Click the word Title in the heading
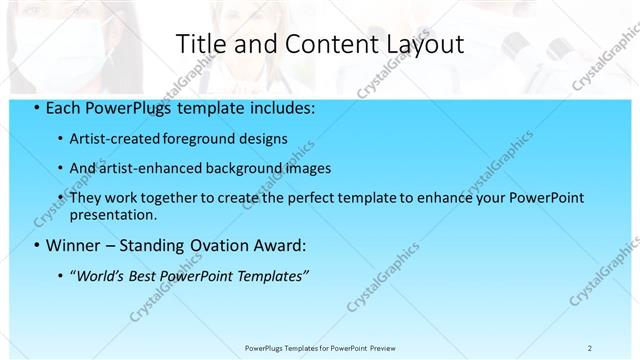(x=200, y=44)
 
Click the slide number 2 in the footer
(x=590, y=347)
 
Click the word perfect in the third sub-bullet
(x=290, y=198)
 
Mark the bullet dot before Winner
(x=37, y=244)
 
